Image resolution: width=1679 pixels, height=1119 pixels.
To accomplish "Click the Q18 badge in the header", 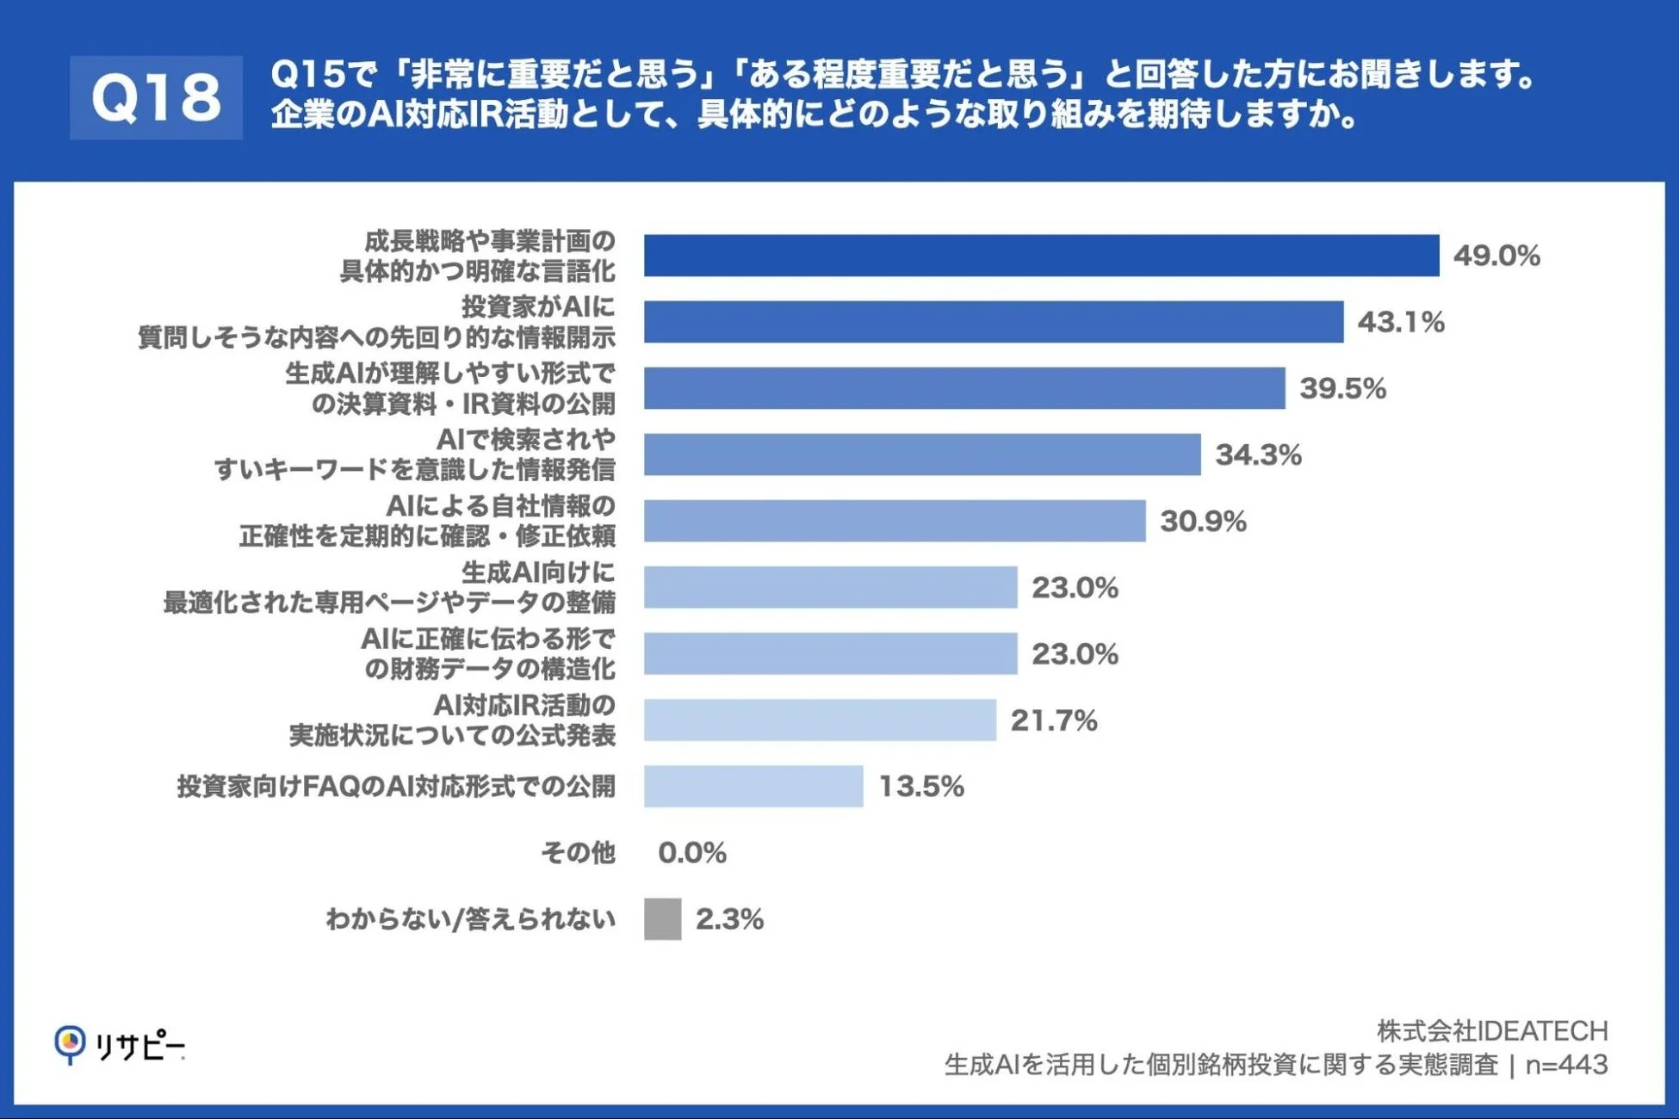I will coord(156,97).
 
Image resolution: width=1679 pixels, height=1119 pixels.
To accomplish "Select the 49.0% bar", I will coord(1041,256).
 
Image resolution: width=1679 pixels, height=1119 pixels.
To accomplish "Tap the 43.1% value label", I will coord(1400,322).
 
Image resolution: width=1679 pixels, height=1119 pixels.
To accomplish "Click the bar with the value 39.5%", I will coord(963,388).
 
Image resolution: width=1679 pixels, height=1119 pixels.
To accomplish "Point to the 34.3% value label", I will coord(1257,454).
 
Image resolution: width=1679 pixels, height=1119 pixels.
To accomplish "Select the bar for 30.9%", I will coord(894,521).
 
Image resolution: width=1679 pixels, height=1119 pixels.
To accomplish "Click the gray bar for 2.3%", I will coord(662,919).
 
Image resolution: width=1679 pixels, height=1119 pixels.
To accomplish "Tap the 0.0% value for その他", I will coord(691,853).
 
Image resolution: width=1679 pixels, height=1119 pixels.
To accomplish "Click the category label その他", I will coord(578,853).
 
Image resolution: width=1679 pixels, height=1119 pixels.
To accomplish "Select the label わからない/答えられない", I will coord(470,919).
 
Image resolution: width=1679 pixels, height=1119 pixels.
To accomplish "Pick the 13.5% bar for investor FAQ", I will coord(753,786).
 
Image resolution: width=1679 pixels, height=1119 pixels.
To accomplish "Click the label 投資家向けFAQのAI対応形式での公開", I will coord(396,786).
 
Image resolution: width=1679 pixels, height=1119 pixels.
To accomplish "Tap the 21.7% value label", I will coord(1053,720).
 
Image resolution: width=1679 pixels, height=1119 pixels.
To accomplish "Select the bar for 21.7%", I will coord(820,720).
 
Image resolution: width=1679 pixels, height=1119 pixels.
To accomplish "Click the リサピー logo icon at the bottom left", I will coord(70,1044).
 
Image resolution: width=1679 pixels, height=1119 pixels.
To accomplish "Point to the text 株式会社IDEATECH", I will coord(1491,1030).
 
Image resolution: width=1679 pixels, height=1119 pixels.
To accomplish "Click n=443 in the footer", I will coord(1565,1065).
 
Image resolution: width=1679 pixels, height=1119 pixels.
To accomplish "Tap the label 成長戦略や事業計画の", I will coord(489,241).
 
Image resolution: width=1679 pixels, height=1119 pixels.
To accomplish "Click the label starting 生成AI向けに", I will coord(538,572).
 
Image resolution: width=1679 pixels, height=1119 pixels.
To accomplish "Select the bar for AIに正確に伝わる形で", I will coord(830,654).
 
